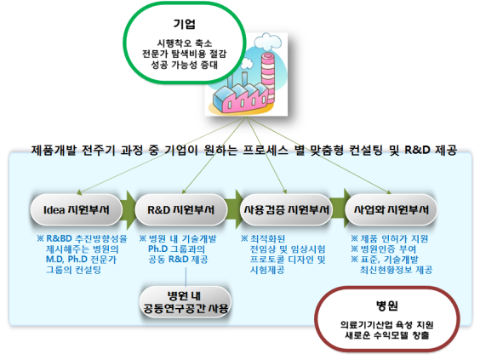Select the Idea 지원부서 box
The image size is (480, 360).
click(x=77, y=210)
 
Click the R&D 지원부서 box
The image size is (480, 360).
click(x=181, y=210)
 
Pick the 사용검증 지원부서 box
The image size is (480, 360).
click(x=286, y=210)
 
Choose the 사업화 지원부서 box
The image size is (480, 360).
click(x=391, y=210)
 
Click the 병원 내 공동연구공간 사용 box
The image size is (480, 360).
click(x=186, y=301)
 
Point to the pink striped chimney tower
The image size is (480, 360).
click(x=268, y=78)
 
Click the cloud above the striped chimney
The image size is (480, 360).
click(x=268, y=42)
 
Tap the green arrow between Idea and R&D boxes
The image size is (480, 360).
click(x=129, y=210)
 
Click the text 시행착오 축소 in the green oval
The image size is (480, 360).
click(x=185, y=43)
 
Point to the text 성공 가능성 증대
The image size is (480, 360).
click(x=185, y=65)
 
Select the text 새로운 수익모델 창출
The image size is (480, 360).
click(x=387, y=335)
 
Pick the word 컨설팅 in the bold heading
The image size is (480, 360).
click(x=366, y=150)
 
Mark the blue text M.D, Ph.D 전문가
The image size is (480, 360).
click(x=81, y=260)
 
